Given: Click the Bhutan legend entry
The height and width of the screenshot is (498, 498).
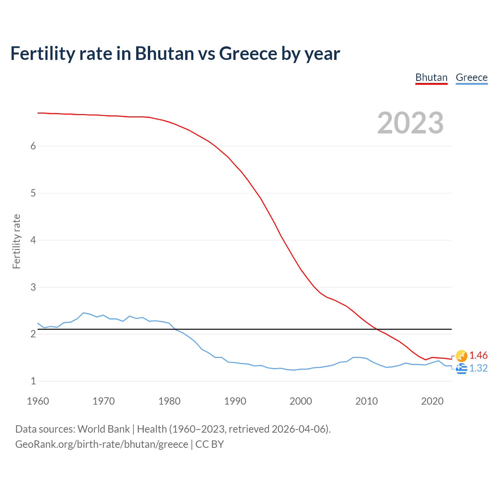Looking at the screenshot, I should (431, 77).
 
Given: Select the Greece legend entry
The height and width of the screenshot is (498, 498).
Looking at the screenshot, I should (472, 77).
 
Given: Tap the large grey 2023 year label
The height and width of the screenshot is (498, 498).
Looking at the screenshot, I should (410, 123).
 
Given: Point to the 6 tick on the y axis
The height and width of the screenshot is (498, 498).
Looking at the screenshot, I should (33, 146).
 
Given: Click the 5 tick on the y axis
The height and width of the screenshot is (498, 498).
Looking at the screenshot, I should (33, 193).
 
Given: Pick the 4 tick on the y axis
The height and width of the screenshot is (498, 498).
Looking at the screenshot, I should (33, 240).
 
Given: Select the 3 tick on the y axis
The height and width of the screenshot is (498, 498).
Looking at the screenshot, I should (33, 287).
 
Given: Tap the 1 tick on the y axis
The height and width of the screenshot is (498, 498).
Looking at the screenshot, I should (33, 381).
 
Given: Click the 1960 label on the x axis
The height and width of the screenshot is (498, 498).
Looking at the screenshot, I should (38, 401).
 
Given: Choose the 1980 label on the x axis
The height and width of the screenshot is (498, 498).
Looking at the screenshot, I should (169, 401).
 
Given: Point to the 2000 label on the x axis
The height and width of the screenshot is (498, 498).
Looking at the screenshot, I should (301, 401).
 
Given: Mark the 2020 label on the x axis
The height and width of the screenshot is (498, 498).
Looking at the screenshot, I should (432, 401).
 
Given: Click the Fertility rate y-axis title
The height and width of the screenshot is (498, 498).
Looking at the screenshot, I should (16, 241).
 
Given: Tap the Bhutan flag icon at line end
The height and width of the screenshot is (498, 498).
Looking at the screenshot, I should (461, 355).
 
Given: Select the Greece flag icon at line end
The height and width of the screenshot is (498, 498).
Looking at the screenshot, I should (461, 368).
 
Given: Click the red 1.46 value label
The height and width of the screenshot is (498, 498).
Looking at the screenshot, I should (478, 355).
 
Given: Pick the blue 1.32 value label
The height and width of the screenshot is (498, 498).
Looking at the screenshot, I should (478, 368).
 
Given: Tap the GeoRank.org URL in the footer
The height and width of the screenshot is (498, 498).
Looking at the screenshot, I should (102, 444).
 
